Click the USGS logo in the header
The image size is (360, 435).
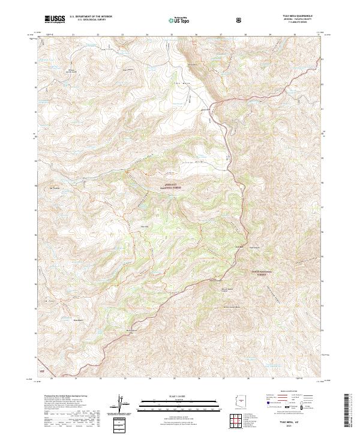click(55, 19)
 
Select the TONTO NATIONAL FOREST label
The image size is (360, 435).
click(262, 272)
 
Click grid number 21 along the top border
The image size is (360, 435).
click(73, 35)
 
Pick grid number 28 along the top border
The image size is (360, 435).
click(246, 35)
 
